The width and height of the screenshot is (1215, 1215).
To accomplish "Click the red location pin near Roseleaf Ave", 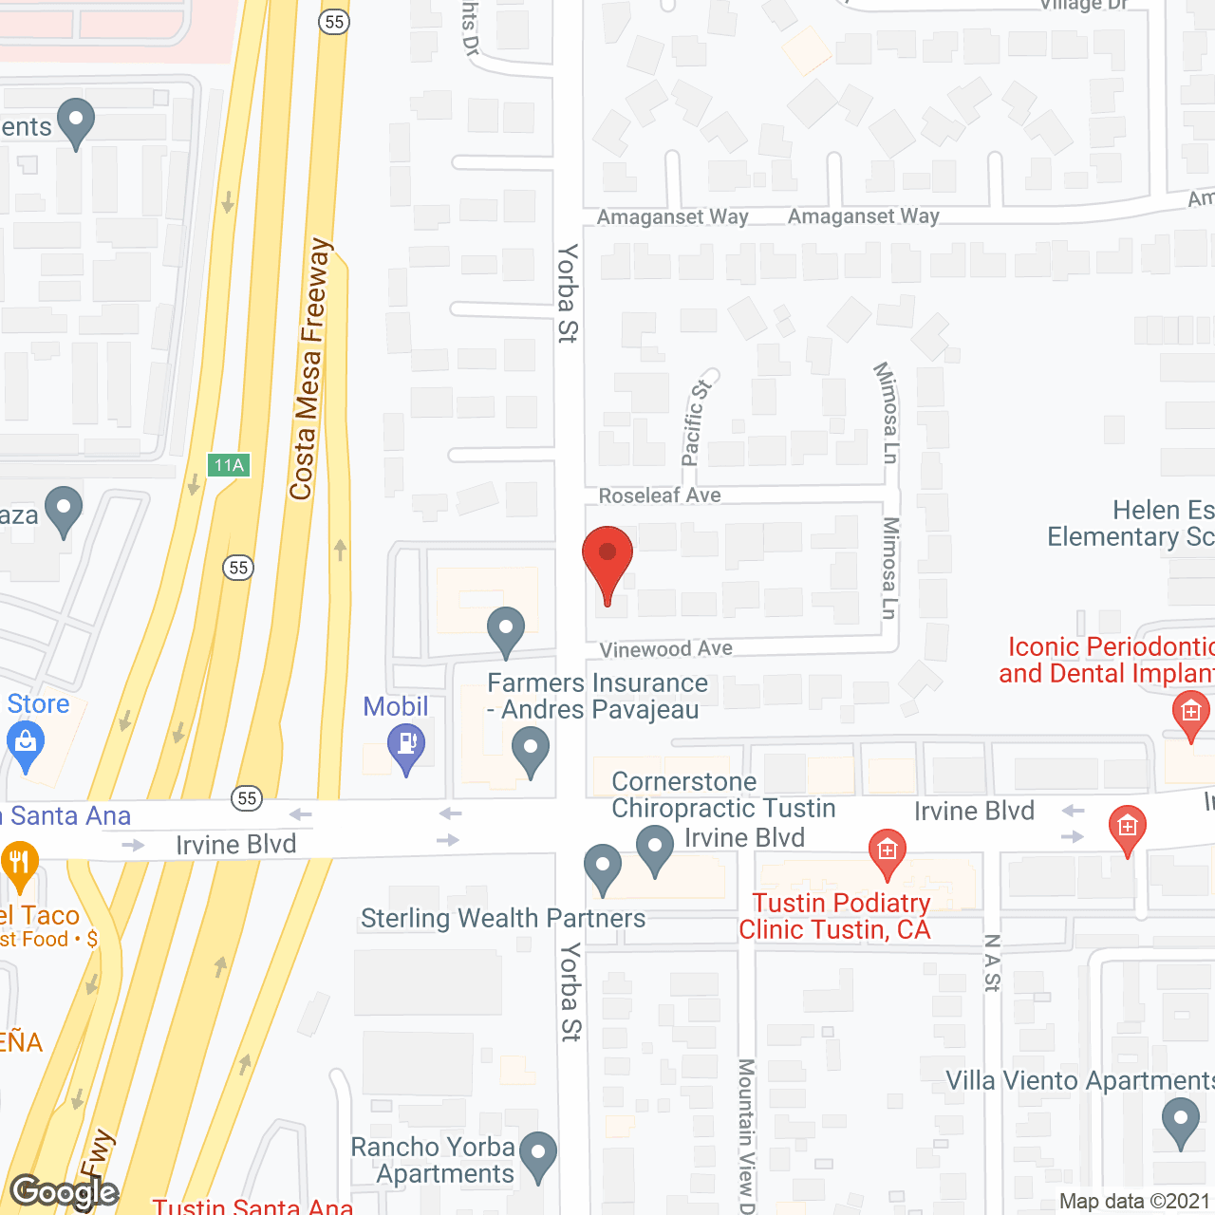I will [607, 560].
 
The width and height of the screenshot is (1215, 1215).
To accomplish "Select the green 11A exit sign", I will [229, 465].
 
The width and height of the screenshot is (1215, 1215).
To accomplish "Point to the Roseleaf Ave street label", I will [660, 495].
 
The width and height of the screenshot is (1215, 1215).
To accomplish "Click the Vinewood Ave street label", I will [665, 649].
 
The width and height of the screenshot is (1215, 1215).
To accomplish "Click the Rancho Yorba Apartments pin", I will [538, 1155].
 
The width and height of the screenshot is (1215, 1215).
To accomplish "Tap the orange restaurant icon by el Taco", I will [19, 865].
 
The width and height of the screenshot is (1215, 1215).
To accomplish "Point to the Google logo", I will [64, 1192].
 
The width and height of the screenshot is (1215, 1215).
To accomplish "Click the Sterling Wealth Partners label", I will [503, 919].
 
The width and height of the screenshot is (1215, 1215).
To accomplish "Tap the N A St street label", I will [992, 963].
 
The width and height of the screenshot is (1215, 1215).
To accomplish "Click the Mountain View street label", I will [746, 1134].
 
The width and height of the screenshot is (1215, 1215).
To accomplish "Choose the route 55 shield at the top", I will [334, 22].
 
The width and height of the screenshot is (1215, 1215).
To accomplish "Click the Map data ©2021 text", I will [1134, 1202].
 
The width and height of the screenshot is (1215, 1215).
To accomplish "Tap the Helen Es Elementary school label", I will [1130, 524].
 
